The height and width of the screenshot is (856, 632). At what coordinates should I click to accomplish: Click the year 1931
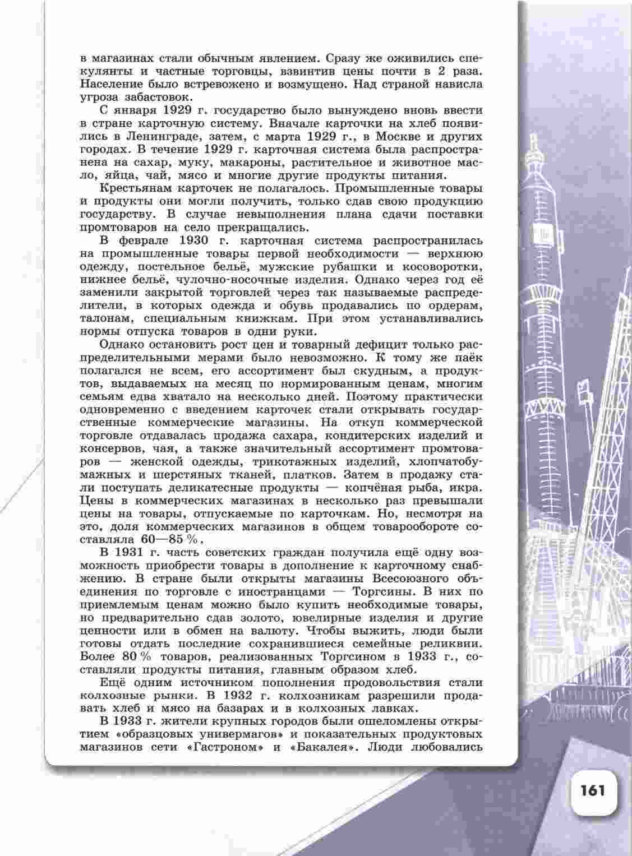coord(135,553)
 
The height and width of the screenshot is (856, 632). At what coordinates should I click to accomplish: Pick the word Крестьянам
coord(135,189)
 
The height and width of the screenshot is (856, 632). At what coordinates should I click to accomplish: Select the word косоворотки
coord(444,267)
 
